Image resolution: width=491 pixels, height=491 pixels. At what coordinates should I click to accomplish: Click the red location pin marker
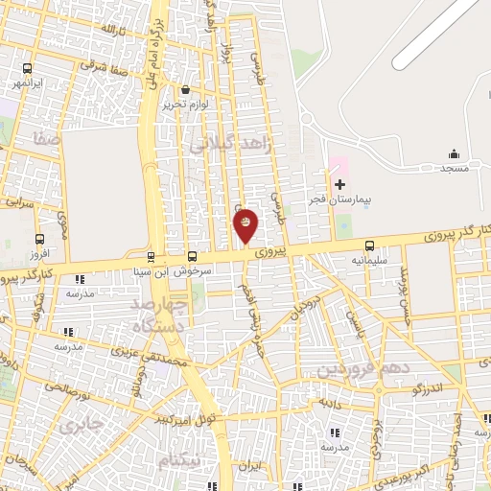(x=245, y=224)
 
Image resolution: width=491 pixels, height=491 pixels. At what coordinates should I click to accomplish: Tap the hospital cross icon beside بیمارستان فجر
(x=339, y=182)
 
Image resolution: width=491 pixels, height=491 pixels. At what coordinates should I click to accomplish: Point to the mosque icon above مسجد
(x=454, y=153)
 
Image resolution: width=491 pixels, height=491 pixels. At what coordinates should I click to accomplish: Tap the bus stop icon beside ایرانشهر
(x=27, y=68)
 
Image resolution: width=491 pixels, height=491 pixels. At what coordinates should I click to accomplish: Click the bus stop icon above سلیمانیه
(x=370, y=246)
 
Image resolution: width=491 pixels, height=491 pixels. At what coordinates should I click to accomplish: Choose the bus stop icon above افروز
(x=39, y=239)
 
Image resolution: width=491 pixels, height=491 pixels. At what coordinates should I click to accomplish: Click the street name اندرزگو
(x=424, y=388)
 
